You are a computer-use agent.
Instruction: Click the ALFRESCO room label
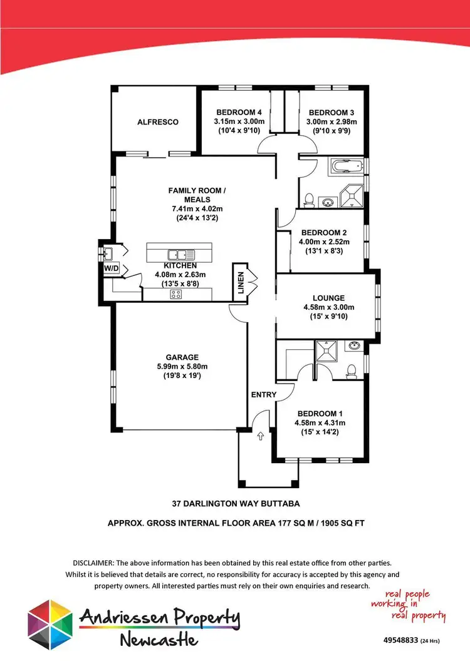pos(158,122)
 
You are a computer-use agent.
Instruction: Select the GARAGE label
pos(182,357)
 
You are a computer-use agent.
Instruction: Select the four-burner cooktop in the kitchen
pos(176,294)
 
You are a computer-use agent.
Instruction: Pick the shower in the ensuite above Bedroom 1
pos(326,350)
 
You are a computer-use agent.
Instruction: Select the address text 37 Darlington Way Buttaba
pos(235,503)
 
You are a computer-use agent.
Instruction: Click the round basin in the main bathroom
pos(330,202)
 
